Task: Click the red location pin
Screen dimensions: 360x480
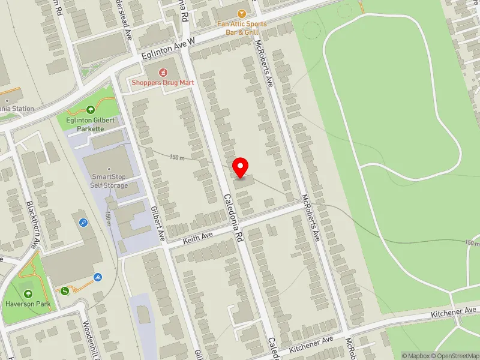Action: tap(241, 166)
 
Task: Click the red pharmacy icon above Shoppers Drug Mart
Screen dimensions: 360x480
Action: tap(145, 73)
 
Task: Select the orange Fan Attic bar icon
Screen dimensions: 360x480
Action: tap(242, 13)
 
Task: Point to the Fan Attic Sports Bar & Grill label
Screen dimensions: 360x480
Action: tap(242, 28)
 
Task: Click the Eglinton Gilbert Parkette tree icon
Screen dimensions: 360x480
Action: tap(91, 109)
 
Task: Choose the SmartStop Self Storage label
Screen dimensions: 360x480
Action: tap(109, 181)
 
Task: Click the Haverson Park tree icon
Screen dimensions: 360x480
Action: tap(28, 293)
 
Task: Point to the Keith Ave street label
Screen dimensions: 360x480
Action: tap(199, 238)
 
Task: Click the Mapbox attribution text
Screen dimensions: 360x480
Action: tap(415, 356)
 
